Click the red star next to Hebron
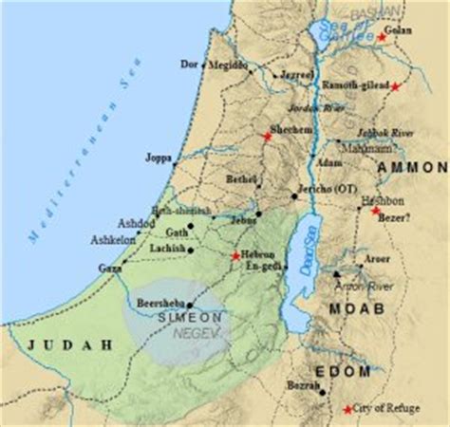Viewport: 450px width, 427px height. coord(234,255)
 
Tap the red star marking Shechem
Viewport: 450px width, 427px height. coord(268,137)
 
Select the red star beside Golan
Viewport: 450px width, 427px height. coord(382,36)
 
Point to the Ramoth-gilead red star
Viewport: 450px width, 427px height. coord(396,86)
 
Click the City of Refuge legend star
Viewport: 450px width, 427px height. coord(346,408)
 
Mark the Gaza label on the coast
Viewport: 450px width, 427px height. coord(109,269)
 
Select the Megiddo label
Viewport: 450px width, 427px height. coord(227,65)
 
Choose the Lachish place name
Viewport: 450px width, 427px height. coord(167,249)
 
